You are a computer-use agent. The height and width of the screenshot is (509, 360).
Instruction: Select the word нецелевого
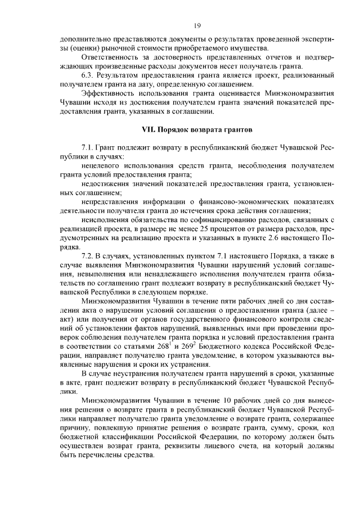tap(99, 166)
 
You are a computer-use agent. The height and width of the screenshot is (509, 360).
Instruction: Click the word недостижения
tap(103, 184)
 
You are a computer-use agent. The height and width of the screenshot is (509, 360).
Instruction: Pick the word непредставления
tap(108, 202)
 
